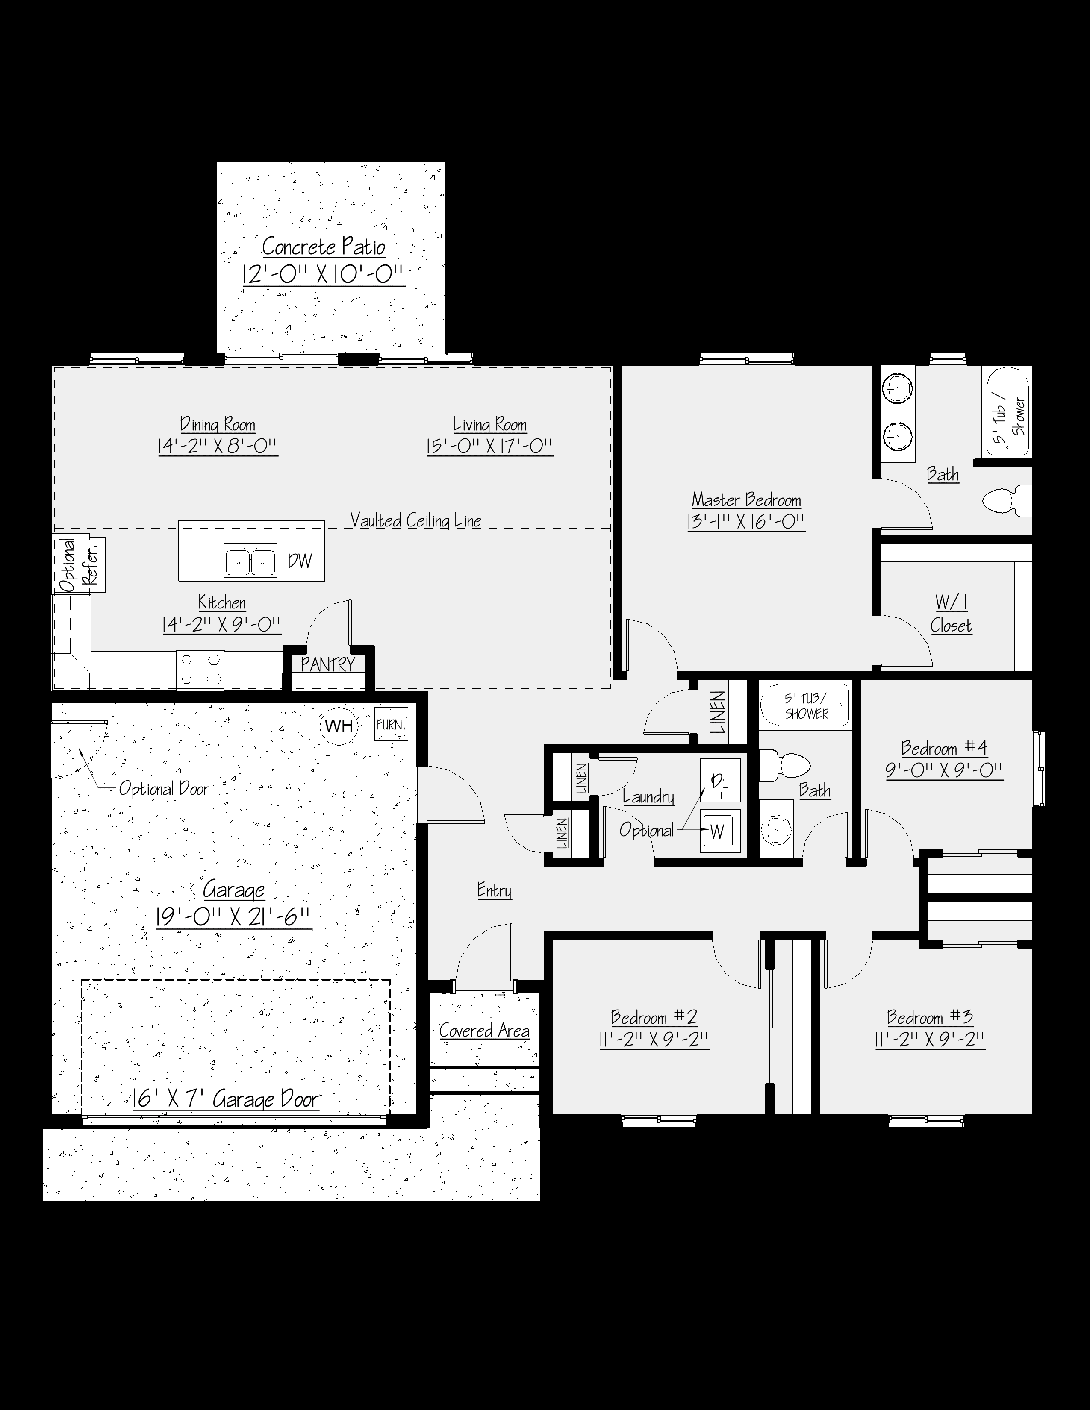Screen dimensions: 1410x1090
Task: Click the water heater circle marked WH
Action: point(339,726)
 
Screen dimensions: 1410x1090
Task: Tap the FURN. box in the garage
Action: point(391,724)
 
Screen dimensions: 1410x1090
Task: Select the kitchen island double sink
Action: point(250,560)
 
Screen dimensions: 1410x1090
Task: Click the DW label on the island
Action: point(300,561)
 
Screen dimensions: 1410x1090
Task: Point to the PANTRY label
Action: point(327,664)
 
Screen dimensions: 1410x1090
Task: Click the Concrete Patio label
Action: point(324,247)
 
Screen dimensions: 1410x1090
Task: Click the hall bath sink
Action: point(775,828)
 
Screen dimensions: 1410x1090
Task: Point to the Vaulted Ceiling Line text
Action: point(416,520)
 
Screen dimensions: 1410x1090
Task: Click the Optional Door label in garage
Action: point(164,789)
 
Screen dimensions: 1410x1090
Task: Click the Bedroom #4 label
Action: point(944,748)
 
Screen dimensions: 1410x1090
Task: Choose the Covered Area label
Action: point(484,1031)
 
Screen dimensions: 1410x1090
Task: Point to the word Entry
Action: point(495,890)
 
